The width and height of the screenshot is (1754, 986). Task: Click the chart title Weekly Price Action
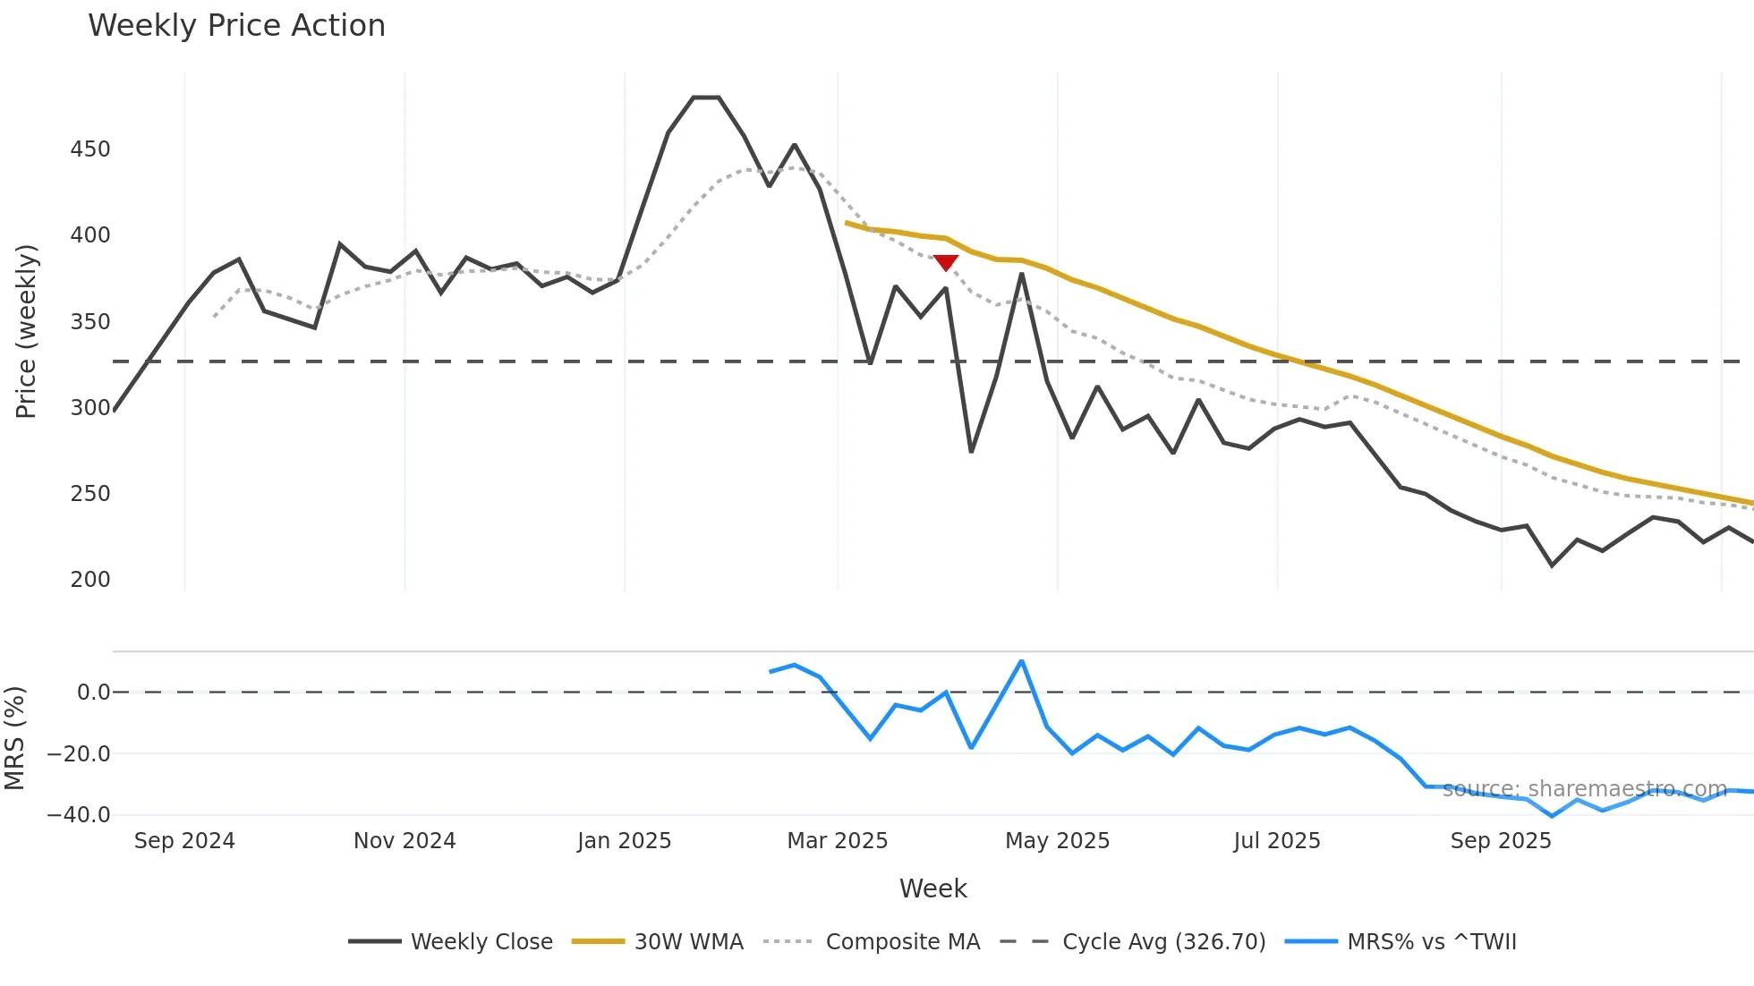pos(236,26)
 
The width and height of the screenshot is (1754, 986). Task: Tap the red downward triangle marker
pos(946,262)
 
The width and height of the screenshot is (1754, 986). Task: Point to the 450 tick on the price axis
pos(90,149)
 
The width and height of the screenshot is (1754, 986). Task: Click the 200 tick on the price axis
pos(90,580)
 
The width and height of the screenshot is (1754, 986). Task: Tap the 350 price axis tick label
pos(90,322)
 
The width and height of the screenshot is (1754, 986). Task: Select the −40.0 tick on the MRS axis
pos(79,815)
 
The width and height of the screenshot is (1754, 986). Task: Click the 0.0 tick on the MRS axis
pos(93,693)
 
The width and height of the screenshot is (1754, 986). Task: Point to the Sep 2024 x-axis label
pos(184,841)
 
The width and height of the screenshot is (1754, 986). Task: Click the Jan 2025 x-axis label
pos(624,841)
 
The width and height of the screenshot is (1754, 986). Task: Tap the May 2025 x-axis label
pos(1057,841)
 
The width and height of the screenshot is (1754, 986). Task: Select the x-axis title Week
pos(932,888)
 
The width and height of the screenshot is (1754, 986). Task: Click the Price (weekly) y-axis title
pos(26,331)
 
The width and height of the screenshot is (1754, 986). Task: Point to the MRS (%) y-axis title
pos(14,738)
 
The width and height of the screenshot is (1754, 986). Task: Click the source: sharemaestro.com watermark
pos(1584,789)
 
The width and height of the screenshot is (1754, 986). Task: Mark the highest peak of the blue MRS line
pos(1022,661)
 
